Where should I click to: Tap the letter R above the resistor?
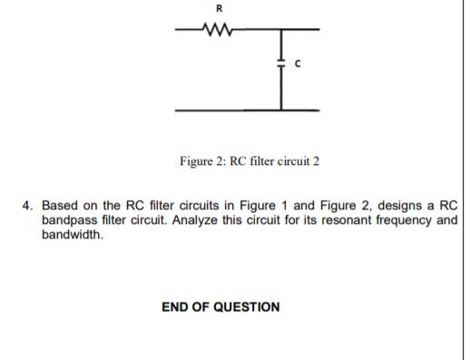click(217, 9)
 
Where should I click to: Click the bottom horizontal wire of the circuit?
click(245, 111)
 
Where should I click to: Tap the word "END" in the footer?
click(176, 306)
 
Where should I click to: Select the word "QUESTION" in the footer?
click(246, 306)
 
